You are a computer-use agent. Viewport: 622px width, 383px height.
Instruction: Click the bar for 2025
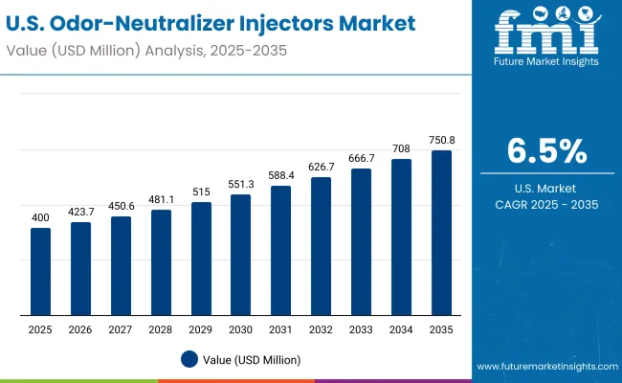point(40,272)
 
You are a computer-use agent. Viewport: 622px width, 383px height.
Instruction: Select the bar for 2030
point(241,255)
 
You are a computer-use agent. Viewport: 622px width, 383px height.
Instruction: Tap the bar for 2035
point(442,233)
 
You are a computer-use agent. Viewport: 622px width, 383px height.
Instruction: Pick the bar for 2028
point(161,262)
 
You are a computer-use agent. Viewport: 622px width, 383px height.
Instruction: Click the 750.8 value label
point(442,140)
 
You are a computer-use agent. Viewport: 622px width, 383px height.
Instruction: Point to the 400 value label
point(40,218)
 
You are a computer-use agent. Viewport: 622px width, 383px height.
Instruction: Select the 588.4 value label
point(281,175)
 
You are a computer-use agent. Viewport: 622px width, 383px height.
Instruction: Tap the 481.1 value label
point(161,199)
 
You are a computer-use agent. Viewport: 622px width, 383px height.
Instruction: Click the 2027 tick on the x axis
point(121,328)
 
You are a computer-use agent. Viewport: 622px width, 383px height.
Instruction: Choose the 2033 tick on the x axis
point(362,328)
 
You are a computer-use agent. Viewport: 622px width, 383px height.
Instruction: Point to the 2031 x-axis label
point(281,328)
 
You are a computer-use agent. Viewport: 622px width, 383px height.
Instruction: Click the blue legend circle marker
point(189,359)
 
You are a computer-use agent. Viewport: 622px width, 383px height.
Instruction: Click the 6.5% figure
point(546,152)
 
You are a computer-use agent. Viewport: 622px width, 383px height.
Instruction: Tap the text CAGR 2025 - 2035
point(546,204)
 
